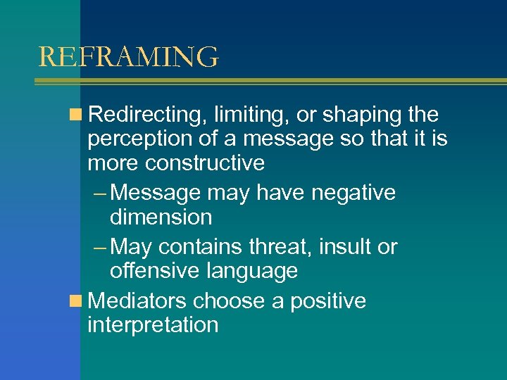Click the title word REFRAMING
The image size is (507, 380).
point(128,57)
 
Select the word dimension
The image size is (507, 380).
point(161,217)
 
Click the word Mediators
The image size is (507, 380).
point(139,301)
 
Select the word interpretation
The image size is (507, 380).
point(153,325)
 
